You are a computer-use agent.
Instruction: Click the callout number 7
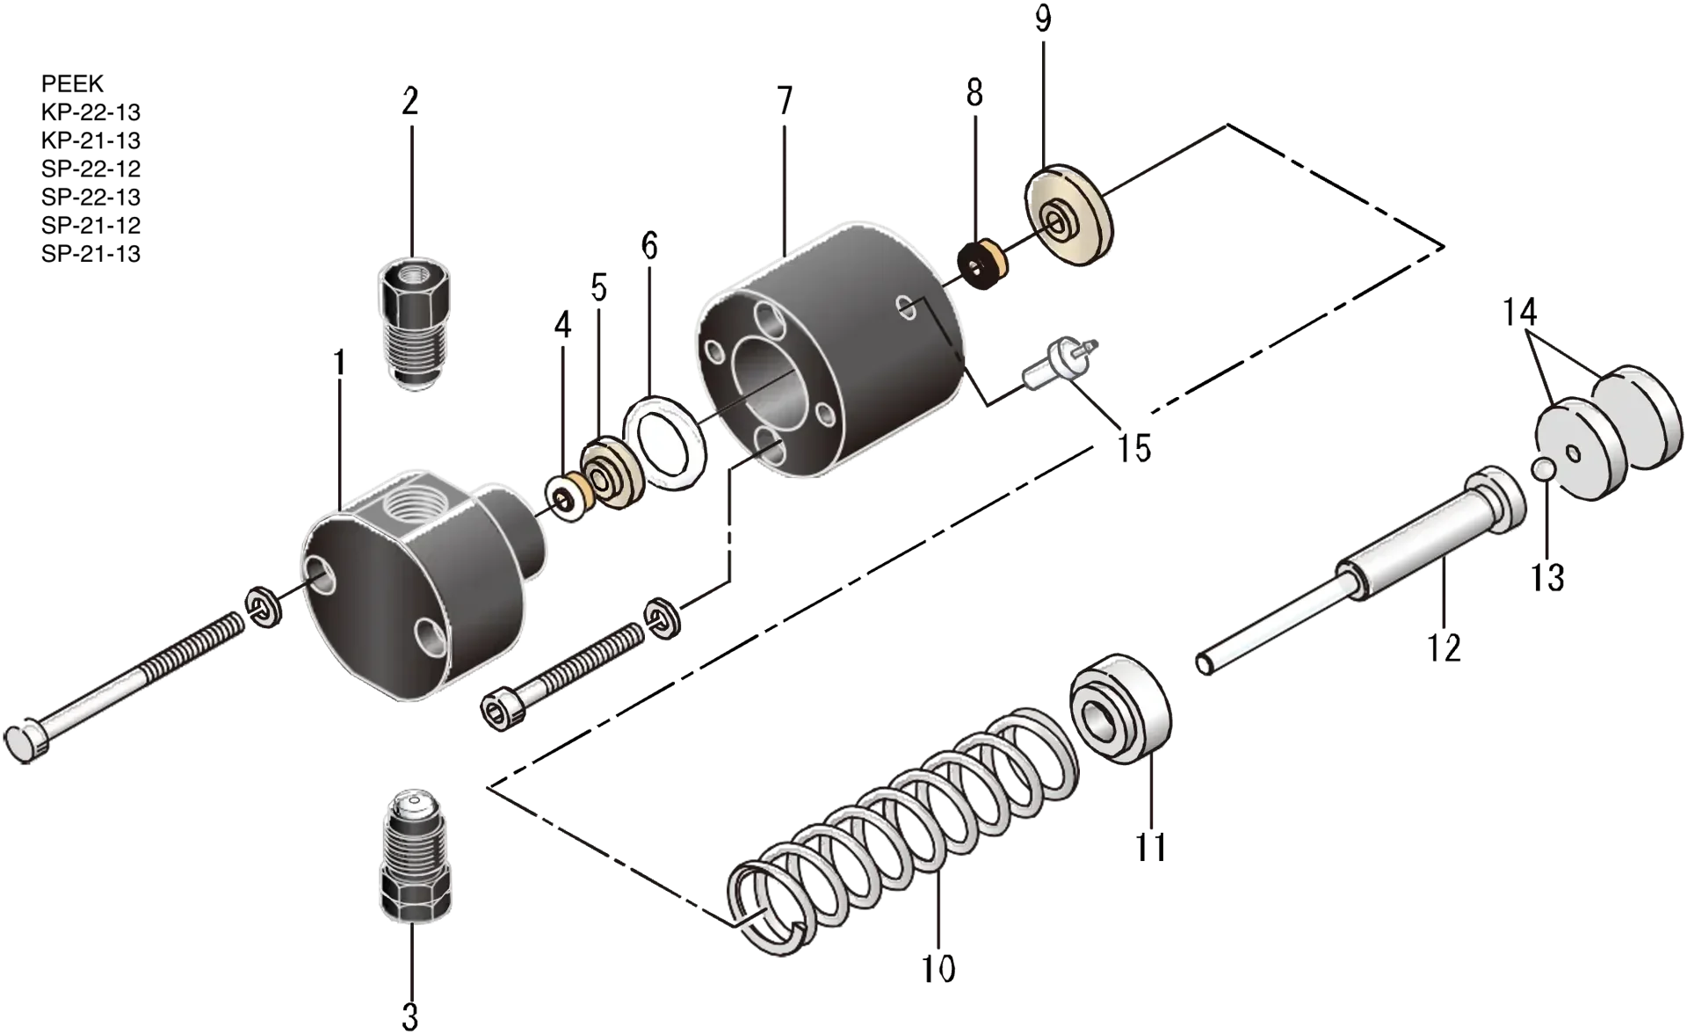(x=785, y=102)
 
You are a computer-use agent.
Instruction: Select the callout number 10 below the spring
(x=938, y=969)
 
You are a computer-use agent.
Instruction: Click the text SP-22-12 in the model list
(x=91, y=169)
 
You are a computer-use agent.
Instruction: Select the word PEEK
(x=72, y=83)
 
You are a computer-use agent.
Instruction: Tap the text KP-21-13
(x=91, y=141)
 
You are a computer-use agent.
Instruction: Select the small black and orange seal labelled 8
(x=982, y=264)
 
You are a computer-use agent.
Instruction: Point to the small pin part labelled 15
(x=1059, y=363)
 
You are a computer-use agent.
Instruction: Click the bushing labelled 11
(x=1121, y=709)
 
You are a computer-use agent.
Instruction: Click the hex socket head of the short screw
(x=501, y=707)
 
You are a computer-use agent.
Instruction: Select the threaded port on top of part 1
(x=419, y=503)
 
